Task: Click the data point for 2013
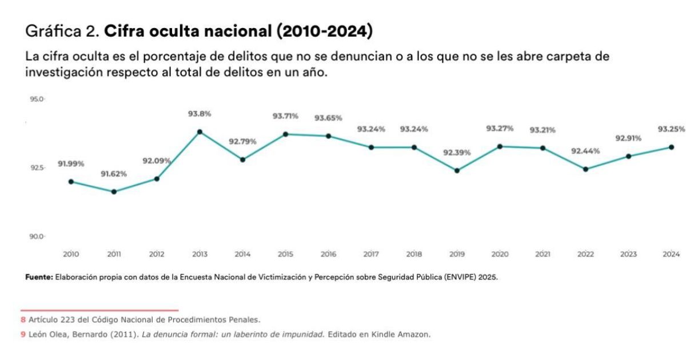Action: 200,132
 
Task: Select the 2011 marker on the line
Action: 114,191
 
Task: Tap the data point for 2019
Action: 457,170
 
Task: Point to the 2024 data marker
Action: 671,147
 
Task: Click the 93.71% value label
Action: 285,116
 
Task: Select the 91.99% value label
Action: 71,164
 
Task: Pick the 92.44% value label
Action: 585,151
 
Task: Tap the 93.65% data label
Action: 328,118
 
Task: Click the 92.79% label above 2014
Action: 242,141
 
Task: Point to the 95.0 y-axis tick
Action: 36,99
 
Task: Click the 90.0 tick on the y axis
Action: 36,236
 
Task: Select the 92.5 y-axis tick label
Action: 36,168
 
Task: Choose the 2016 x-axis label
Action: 328,254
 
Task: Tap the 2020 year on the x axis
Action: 500,254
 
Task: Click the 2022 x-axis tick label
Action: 585,254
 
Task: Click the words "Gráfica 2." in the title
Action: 62,31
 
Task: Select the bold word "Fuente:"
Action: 39,277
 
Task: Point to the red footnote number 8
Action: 23,319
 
